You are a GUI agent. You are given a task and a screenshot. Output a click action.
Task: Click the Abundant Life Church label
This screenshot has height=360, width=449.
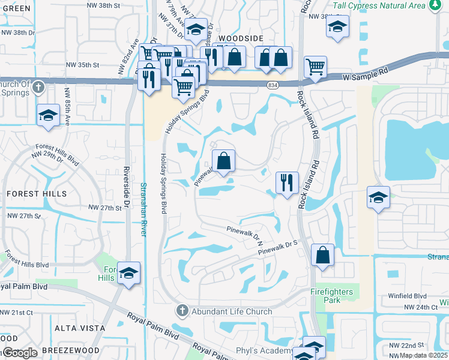tap(232, 311)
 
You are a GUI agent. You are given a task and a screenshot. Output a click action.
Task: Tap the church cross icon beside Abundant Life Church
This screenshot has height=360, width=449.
tap(182, 311)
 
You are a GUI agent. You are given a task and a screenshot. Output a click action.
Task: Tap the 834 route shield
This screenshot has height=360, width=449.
tap(272, 85)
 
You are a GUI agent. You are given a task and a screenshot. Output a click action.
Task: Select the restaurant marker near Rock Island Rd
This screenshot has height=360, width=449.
tap(287, 182)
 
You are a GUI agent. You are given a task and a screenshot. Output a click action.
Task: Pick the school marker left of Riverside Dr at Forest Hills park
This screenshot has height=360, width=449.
tap(128, 274)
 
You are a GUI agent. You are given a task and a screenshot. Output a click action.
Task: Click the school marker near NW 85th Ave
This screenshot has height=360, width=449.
tap(46, 116)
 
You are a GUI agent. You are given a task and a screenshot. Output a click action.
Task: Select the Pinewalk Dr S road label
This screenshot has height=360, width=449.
tap(279, 247)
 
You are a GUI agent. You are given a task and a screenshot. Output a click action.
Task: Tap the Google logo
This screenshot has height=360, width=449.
tap(19, 353)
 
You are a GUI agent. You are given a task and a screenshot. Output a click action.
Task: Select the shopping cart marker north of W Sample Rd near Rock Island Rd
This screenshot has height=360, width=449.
tap(315, 67)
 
